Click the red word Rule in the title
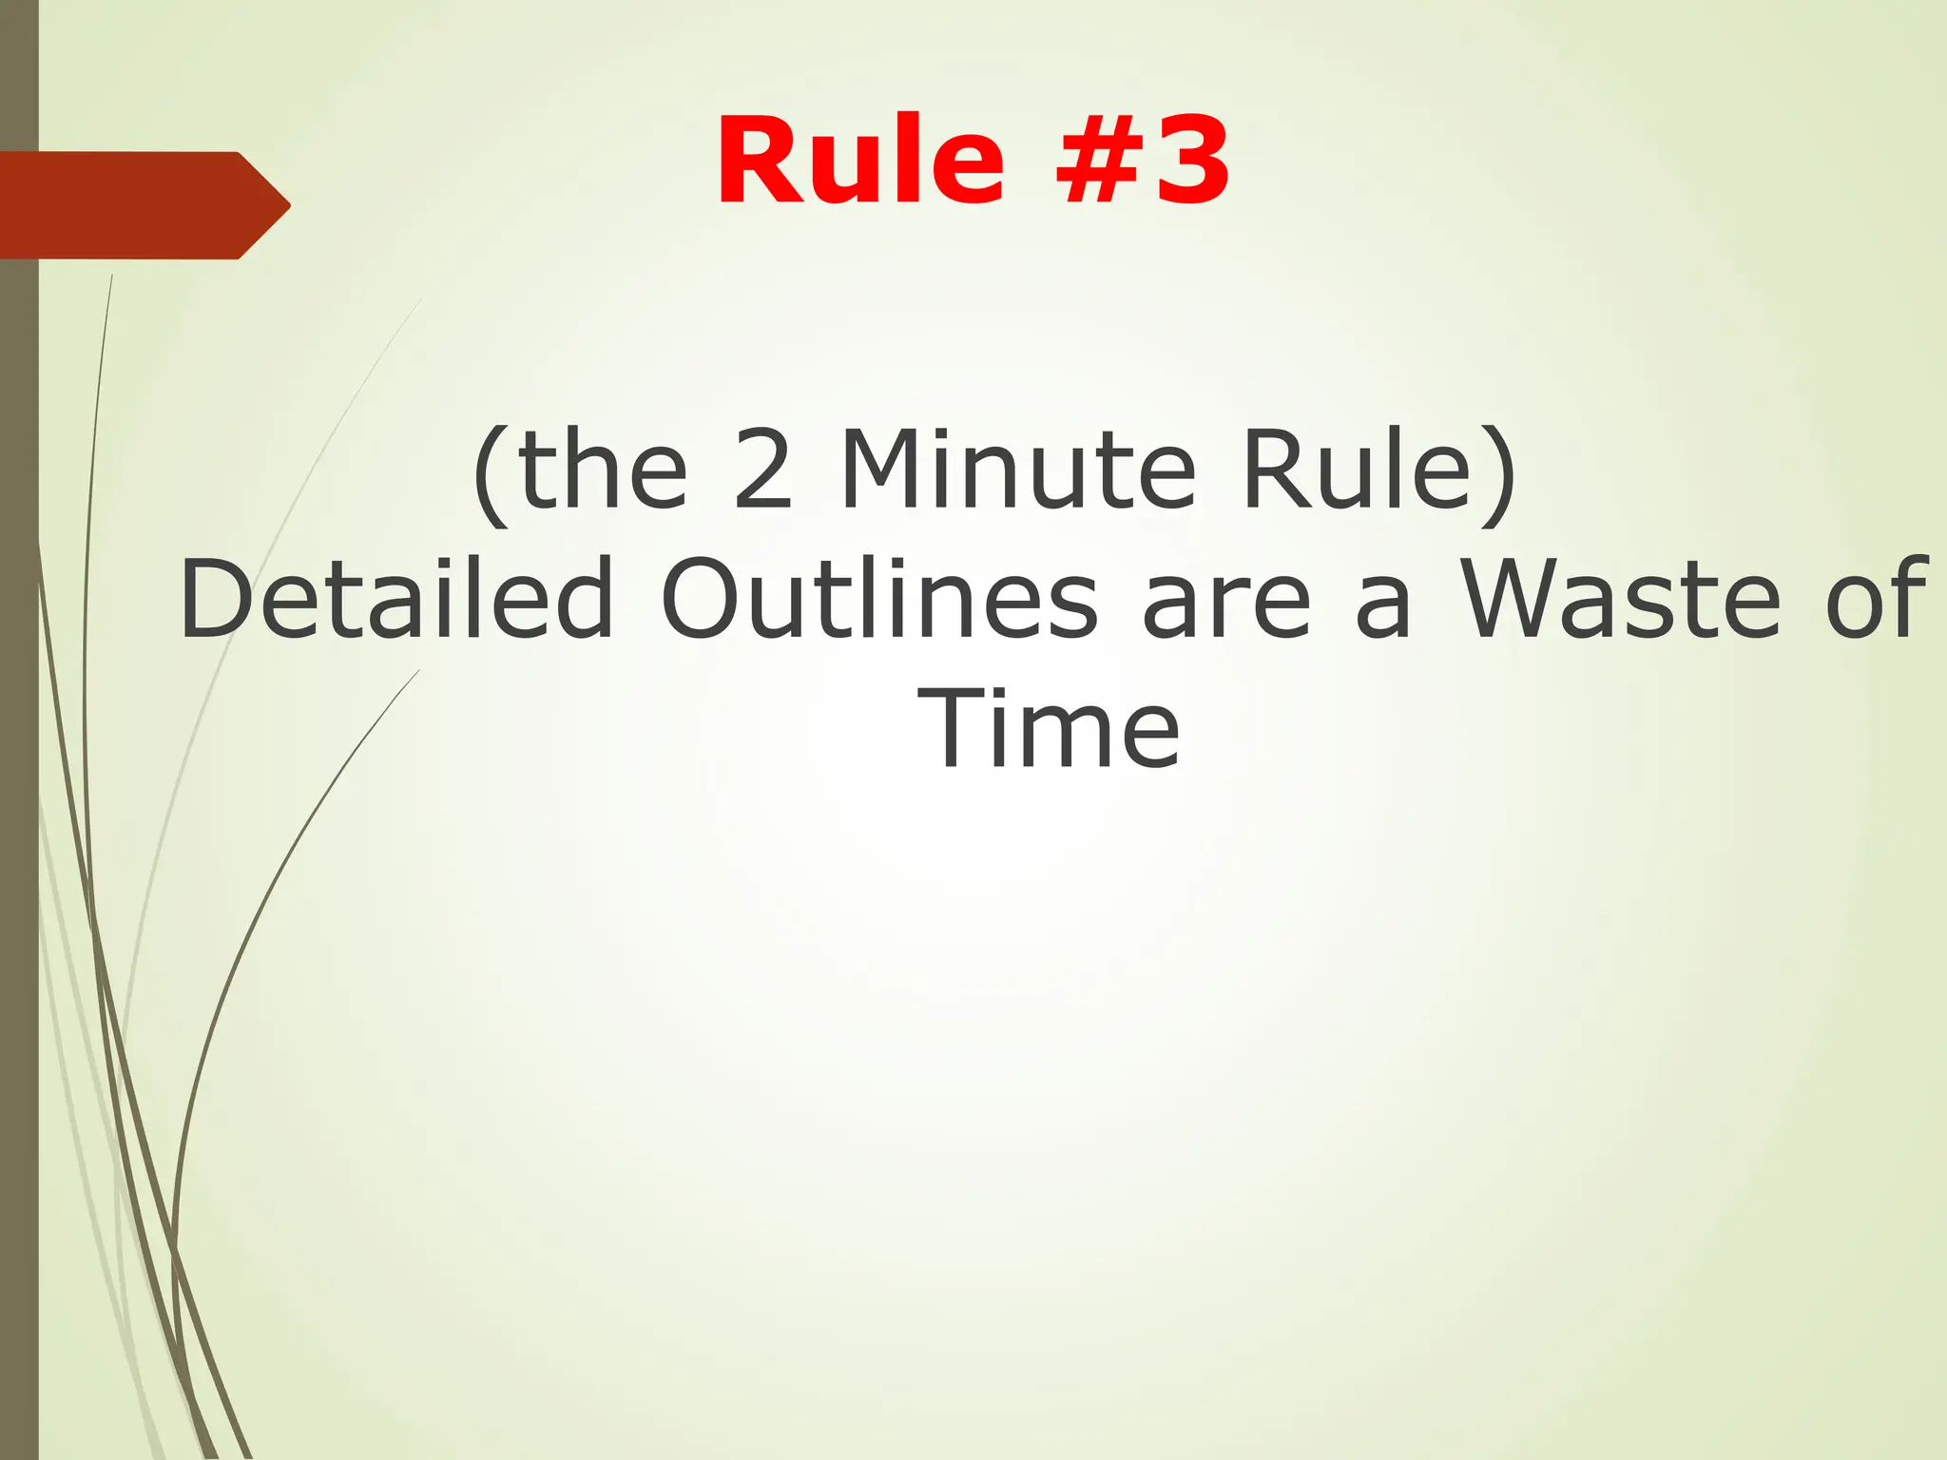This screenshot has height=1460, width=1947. [860, 160]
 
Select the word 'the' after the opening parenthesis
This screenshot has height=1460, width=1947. [603, 471]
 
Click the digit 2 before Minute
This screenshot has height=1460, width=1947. [762, 471]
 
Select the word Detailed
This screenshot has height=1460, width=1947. [397, 599]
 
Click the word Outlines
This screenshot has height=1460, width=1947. [879, 599]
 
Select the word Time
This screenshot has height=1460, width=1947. [1049, 730]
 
